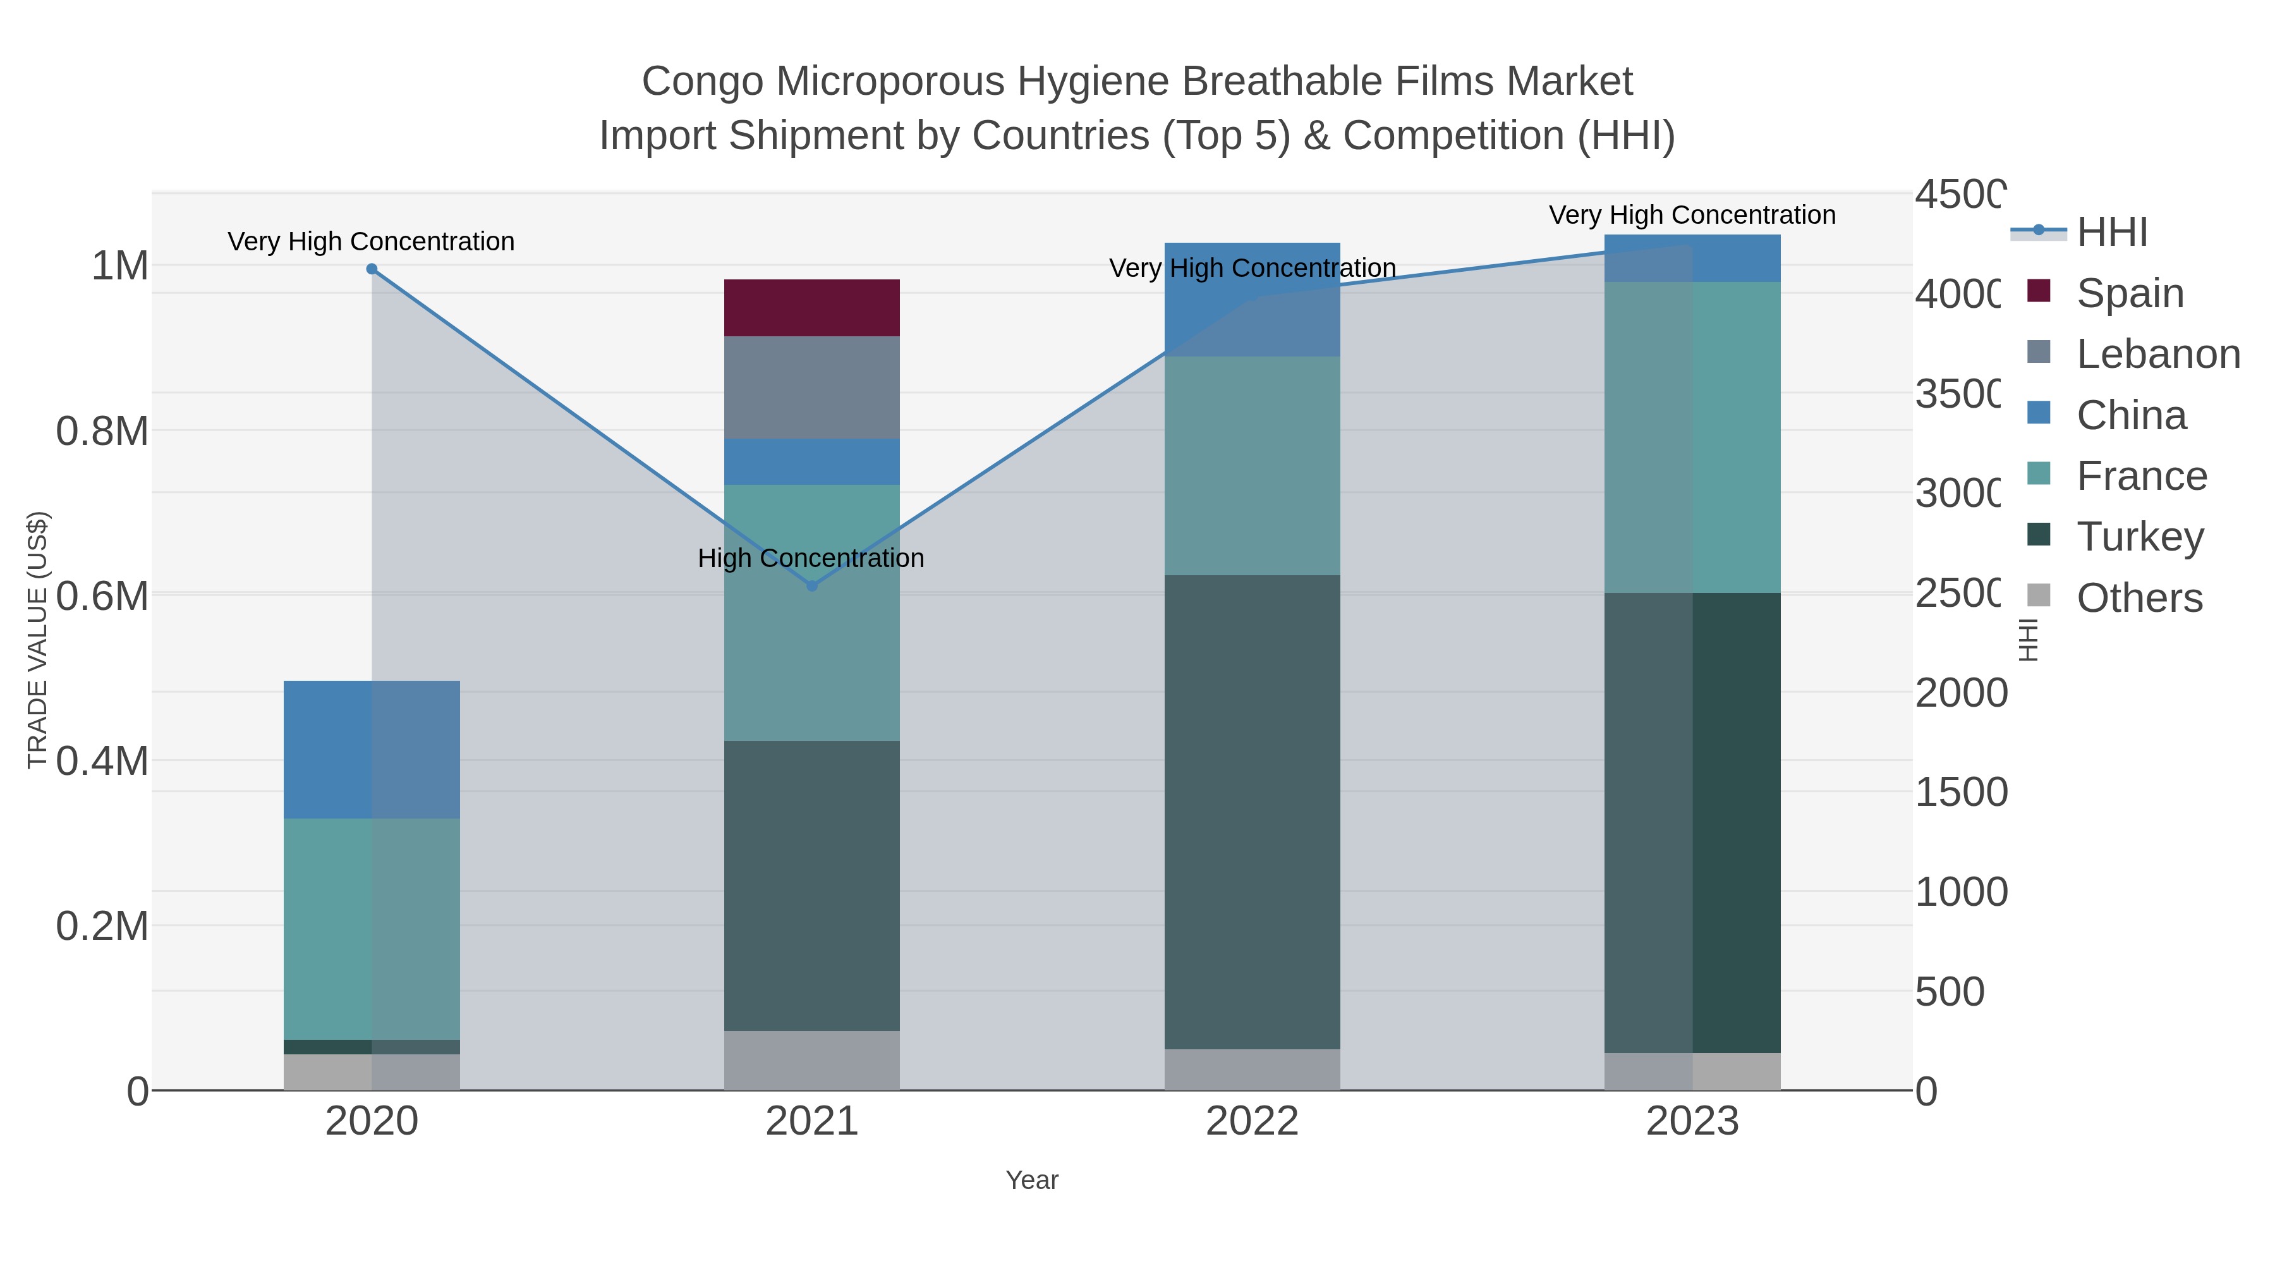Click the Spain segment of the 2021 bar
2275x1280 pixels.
(x=811, y=307)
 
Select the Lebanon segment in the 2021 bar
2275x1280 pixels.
(x=811, y=387)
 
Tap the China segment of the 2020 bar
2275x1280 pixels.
(x=371, y=749)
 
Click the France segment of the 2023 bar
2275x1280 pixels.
(x=1692, y=437)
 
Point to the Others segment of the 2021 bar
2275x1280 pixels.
(x=811, y=1059)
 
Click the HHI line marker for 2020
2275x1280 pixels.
(x=372, y=269)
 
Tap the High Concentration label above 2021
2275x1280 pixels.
(x=811, y=558)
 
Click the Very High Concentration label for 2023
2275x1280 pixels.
(x=1692, y=215)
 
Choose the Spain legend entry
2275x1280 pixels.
(x=2129, y=293)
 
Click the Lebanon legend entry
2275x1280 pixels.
(x=2157, y=354)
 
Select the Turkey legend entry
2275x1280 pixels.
(x=2140, y=537)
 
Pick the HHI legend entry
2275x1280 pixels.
(x=2111, y=233)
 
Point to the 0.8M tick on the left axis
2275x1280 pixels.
(x=102, y=431)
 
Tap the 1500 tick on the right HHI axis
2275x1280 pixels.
(x=1960, y=793)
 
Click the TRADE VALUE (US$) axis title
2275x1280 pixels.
(x=37, y=640)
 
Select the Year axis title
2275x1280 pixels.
(x=1031, y=1180)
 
